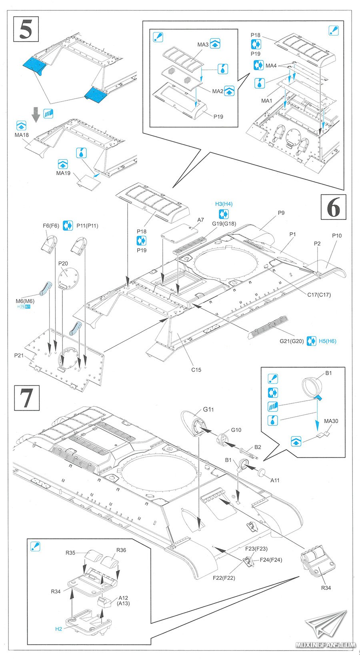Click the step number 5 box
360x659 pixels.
[x=26, y=29]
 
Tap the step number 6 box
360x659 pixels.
[x=334, y=207]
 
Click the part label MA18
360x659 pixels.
[x=22, y=135]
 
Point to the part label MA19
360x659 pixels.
[x=63, y=173]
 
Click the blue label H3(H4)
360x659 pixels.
[x=224, y=204]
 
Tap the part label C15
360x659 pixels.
[x=196, y=370]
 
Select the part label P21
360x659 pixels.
[x=19, y=355]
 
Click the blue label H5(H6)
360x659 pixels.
[x=327, y=341]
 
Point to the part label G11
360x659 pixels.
[x=208, y=409]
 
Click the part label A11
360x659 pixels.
[x=275, y=480]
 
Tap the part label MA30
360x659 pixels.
[x=331, y=421]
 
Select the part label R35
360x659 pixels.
[x=70, y=553]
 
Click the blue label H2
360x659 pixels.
[x=58, y=629]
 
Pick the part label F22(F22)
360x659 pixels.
[x=224, y=578]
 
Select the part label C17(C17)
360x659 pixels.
[x=319, y=295]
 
